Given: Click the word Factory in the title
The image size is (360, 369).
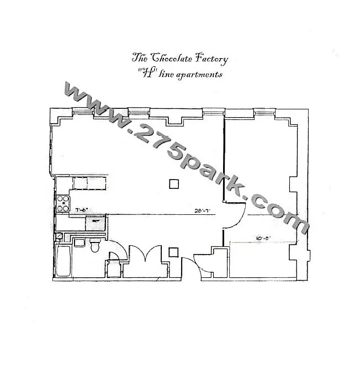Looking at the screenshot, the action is (208, 56).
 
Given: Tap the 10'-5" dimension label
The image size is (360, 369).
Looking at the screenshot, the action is (263, 239).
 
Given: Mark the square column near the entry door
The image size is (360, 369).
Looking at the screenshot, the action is (173, 252).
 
